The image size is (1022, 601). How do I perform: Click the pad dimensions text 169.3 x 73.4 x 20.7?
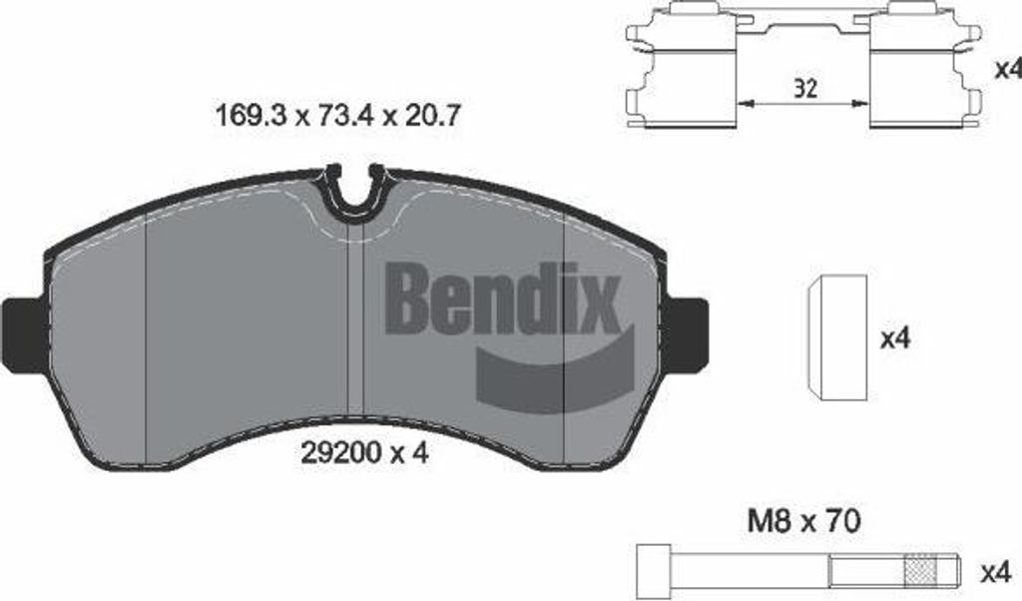[x=337, y=116]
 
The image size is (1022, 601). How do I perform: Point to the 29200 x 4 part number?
[x=364, y=453]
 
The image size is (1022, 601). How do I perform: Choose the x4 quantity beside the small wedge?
[x=895, y=338]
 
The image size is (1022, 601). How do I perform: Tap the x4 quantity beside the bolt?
[x=994, y=573]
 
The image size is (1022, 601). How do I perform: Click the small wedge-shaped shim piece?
[x=835, y=338]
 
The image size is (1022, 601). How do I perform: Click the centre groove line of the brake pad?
[x=355, y=329]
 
